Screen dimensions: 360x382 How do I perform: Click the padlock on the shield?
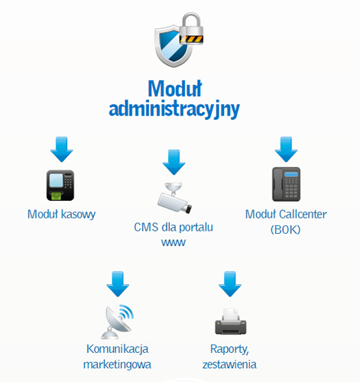point(191,29)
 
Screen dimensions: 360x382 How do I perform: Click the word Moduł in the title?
point(175,89)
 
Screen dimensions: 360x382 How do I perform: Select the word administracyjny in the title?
point(174,109)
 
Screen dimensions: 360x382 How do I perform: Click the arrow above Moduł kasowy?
point(62,149)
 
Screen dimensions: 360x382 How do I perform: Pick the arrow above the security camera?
point(174,162)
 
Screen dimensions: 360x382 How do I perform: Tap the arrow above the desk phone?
point(286,149)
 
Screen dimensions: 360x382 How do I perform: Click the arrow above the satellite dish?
point(118,284)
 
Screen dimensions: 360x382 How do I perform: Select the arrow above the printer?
point(230,284)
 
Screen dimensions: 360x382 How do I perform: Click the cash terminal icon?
point(60,185)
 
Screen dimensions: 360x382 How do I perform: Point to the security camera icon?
point(174,198)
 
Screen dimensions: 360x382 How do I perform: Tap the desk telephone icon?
point(286,184)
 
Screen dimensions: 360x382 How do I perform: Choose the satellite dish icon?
point(118,322)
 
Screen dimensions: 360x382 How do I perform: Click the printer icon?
point(231,321)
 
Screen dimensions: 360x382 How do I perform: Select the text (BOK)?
point(286,229)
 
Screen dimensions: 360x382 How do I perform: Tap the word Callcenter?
point(303,214)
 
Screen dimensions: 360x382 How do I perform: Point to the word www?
point(174,242)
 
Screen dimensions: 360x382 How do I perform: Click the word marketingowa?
point(117,364)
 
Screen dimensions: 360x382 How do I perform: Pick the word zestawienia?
point(229,364)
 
